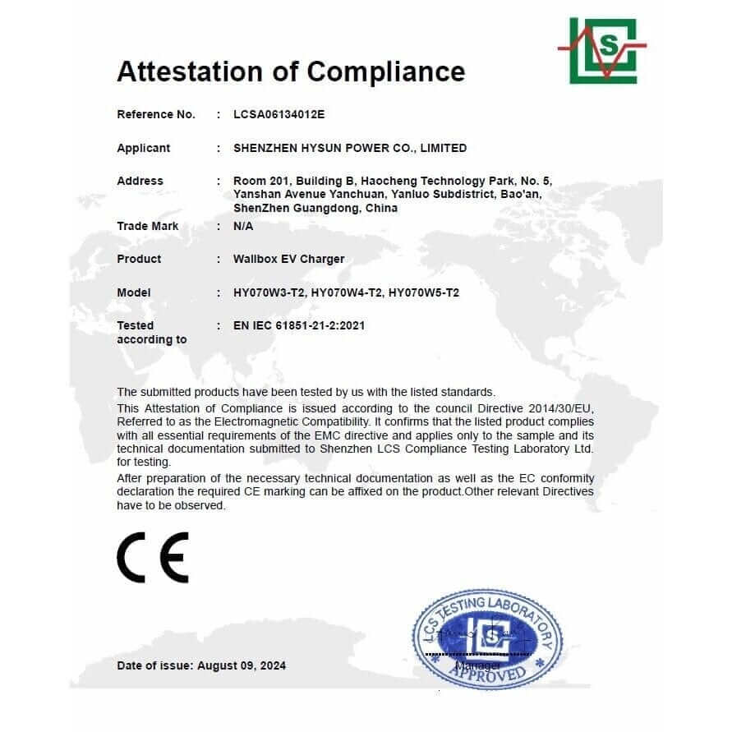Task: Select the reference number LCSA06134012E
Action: [x=279, y=115]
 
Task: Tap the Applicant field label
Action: [x=144, y=149]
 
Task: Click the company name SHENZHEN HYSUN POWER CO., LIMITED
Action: [x=350, y=149]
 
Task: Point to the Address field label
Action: [x=140, y=182]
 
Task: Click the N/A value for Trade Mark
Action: [x=244, y=227]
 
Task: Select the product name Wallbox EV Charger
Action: [x=289, y=260]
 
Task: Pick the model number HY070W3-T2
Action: [x=269, y=293]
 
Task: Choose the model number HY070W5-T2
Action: [x=423, y=293]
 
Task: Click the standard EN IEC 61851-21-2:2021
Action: [x=299, y=326]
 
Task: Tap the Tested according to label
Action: [x=151, y=333]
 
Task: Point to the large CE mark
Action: [x=153, y=557]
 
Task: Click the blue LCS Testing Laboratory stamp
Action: [x=488, y=638]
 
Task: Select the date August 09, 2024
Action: [x=242, y=666]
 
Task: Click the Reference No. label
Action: [x=156, y=115]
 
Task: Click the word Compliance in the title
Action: [x=386, y=72]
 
